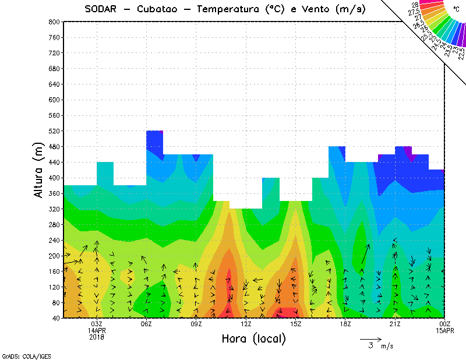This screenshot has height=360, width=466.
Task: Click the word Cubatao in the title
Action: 160,9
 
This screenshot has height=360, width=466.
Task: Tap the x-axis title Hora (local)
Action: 254,338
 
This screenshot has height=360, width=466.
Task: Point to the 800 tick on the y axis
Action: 54,22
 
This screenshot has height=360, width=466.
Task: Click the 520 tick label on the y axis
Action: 54,131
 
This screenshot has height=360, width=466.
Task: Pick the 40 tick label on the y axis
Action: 56,319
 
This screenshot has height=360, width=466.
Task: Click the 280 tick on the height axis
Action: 54,225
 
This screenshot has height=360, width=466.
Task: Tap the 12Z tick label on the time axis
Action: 246,324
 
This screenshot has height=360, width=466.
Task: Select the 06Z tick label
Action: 146,324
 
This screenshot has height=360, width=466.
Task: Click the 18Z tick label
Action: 345,324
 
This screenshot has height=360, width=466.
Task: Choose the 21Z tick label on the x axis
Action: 395,324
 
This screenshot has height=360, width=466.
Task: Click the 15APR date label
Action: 444,330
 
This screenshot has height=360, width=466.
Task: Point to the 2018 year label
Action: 97,337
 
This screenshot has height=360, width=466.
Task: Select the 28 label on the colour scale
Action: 415,5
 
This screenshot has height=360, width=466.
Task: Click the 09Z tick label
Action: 196,324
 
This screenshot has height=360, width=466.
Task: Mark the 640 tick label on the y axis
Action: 54,84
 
